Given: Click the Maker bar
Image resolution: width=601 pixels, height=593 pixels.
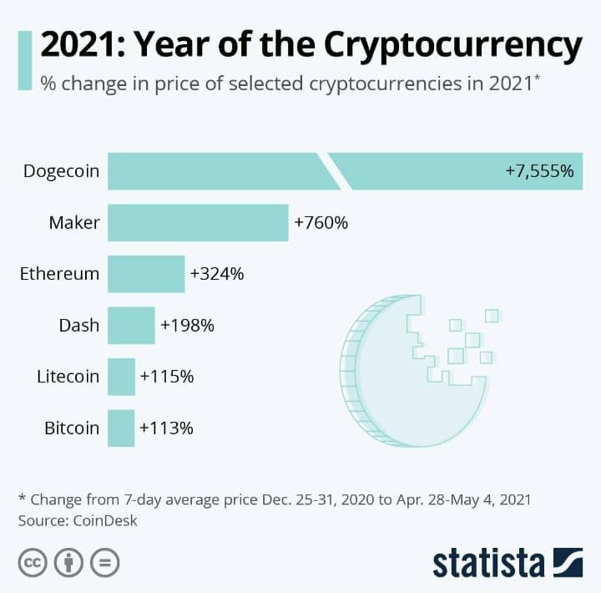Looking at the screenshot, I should (198, 223).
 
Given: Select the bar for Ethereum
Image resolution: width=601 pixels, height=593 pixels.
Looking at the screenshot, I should (146, 274).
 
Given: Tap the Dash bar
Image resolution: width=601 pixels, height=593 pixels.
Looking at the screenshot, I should (131, 326).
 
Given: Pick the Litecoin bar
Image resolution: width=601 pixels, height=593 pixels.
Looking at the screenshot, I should (121, 377).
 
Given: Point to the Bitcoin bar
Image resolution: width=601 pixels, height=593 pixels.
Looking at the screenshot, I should (121, 428).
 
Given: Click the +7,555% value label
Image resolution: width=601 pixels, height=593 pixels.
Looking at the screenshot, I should (539, 171).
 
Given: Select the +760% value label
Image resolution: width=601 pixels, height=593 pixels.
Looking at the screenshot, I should (321, 223).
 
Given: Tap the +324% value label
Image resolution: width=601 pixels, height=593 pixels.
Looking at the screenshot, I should (217, 274).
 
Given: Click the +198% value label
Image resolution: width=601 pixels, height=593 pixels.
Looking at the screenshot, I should (188, 326).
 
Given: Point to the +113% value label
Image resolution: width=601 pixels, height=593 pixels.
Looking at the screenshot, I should (167, 428).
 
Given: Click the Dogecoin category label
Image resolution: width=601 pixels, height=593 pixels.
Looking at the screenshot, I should (62, 171).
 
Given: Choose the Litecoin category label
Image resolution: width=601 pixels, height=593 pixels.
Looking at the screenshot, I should (68, 377).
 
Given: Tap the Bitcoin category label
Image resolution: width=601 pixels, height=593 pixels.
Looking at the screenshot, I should (72, 428).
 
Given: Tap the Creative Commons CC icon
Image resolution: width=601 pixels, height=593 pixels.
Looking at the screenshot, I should (32, 561).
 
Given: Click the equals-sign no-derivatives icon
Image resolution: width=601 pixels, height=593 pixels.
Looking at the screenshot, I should (105, 561).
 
